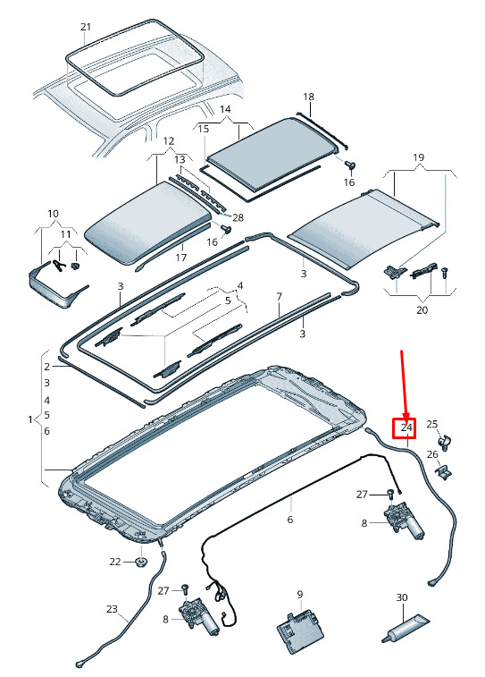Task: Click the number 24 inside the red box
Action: pos(406,427)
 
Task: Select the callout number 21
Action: pos(87,27)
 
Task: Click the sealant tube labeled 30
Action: pos(405,628)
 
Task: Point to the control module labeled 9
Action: pos(300,630)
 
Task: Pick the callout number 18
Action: pos(309,97)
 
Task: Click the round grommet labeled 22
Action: pos(141,562)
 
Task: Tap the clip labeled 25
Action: pos(444,443)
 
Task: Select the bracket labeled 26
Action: pos(445,472)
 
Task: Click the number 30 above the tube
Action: pos(402,597)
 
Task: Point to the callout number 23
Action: pos(112,609)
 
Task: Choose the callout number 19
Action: pos(418,157)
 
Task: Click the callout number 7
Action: pos(280,297)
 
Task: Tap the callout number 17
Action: pos(181,258)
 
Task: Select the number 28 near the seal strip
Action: pos(238,217)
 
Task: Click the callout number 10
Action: pos(53,214)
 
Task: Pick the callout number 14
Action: pos(225,109)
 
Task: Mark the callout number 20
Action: pos(422,309)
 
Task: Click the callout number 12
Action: pos(169,140)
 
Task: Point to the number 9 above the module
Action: pos(300,595)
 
